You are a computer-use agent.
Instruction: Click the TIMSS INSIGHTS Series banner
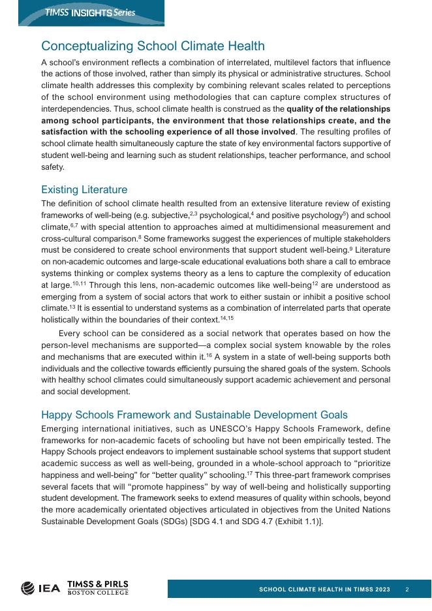point(89,13)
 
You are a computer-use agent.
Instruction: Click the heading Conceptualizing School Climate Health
point(153,46)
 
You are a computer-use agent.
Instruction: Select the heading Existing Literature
point(84,189)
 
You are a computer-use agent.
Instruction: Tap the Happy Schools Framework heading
point(194,415)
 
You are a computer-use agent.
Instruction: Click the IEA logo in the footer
point(40,587)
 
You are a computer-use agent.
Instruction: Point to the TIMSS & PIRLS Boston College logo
point(98,587)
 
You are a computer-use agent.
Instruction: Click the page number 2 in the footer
point(407,589)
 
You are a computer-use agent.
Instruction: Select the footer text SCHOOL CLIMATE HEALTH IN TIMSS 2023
point(324,589)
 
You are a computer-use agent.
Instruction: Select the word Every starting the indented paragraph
point(71,334)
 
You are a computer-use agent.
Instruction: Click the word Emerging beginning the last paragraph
point(61,428)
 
